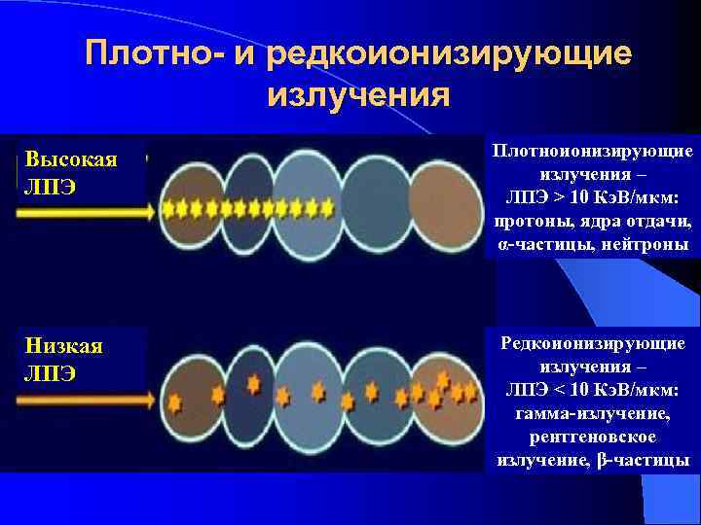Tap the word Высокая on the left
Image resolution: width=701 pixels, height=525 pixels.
pos(71,159)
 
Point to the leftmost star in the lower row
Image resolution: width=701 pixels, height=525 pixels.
pos(175,401)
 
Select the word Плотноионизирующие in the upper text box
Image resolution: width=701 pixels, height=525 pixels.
pos(593,151)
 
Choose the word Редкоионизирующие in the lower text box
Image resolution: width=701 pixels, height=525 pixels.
pos(593,343)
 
